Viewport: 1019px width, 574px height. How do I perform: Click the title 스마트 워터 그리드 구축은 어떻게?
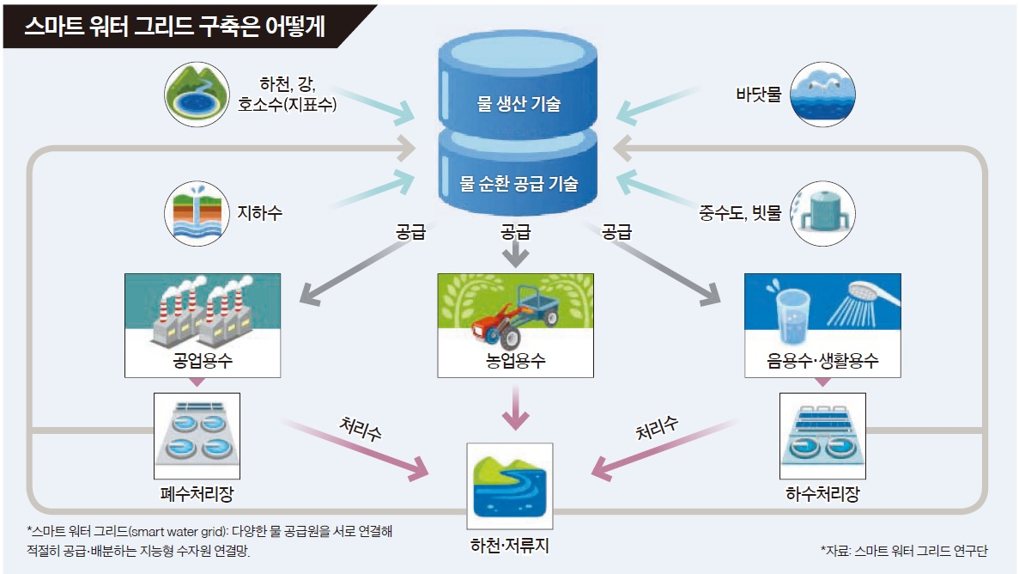(176, 27)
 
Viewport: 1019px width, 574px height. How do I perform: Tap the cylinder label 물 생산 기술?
(519, 104)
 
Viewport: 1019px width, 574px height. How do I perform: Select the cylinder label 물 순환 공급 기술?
(519, 183)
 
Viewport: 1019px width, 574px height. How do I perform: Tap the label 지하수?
(259, 211)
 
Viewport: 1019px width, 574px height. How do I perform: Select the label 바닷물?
(758, 94)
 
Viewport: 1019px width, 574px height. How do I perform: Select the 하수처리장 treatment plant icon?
(822, 435)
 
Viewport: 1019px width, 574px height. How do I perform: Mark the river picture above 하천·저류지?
(509, 484)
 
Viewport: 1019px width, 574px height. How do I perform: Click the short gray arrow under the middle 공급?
(515, 255)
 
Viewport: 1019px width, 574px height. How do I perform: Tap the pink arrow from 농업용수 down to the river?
(515, 408)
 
